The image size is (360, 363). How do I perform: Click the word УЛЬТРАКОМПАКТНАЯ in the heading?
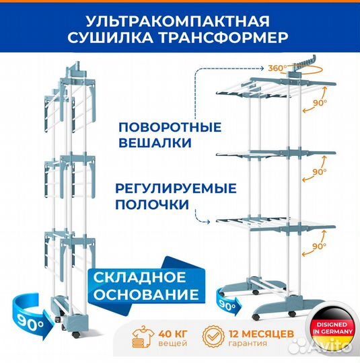point(178,22)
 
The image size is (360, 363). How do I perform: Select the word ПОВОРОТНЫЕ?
point(170,127)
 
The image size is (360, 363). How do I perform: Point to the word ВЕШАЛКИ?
point(155,143)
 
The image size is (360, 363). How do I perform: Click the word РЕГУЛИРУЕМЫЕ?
point(176,188)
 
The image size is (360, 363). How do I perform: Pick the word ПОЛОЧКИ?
point(152,204)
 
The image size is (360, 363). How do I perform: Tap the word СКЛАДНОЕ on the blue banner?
point(140,278)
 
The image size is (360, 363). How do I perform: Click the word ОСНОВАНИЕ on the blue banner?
point(146,294)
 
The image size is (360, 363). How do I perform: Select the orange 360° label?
point(277,68)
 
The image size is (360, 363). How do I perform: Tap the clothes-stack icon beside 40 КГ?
point(143,337)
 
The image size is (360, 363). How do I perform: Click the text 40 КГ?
point(173,334)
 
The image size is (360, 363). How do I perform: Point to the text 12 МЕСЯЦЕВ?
point(261,334)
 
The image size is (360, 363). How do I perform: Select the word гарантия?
point(248,344)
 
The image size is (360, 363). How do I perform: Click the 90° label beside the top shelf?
point(320,103)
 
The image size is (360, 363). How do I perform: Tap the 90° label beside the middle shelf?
point(320,172)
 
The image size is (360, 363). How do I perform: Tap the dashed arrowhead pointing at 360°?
point(262,69)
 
